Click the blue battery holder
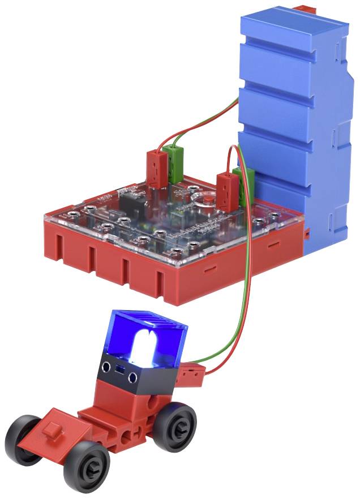coord(294,113)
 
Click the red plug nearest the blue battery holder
coord(226,191)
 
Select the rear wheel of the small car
coord(175,425)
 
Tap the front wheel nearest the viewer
coord(85,467)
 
